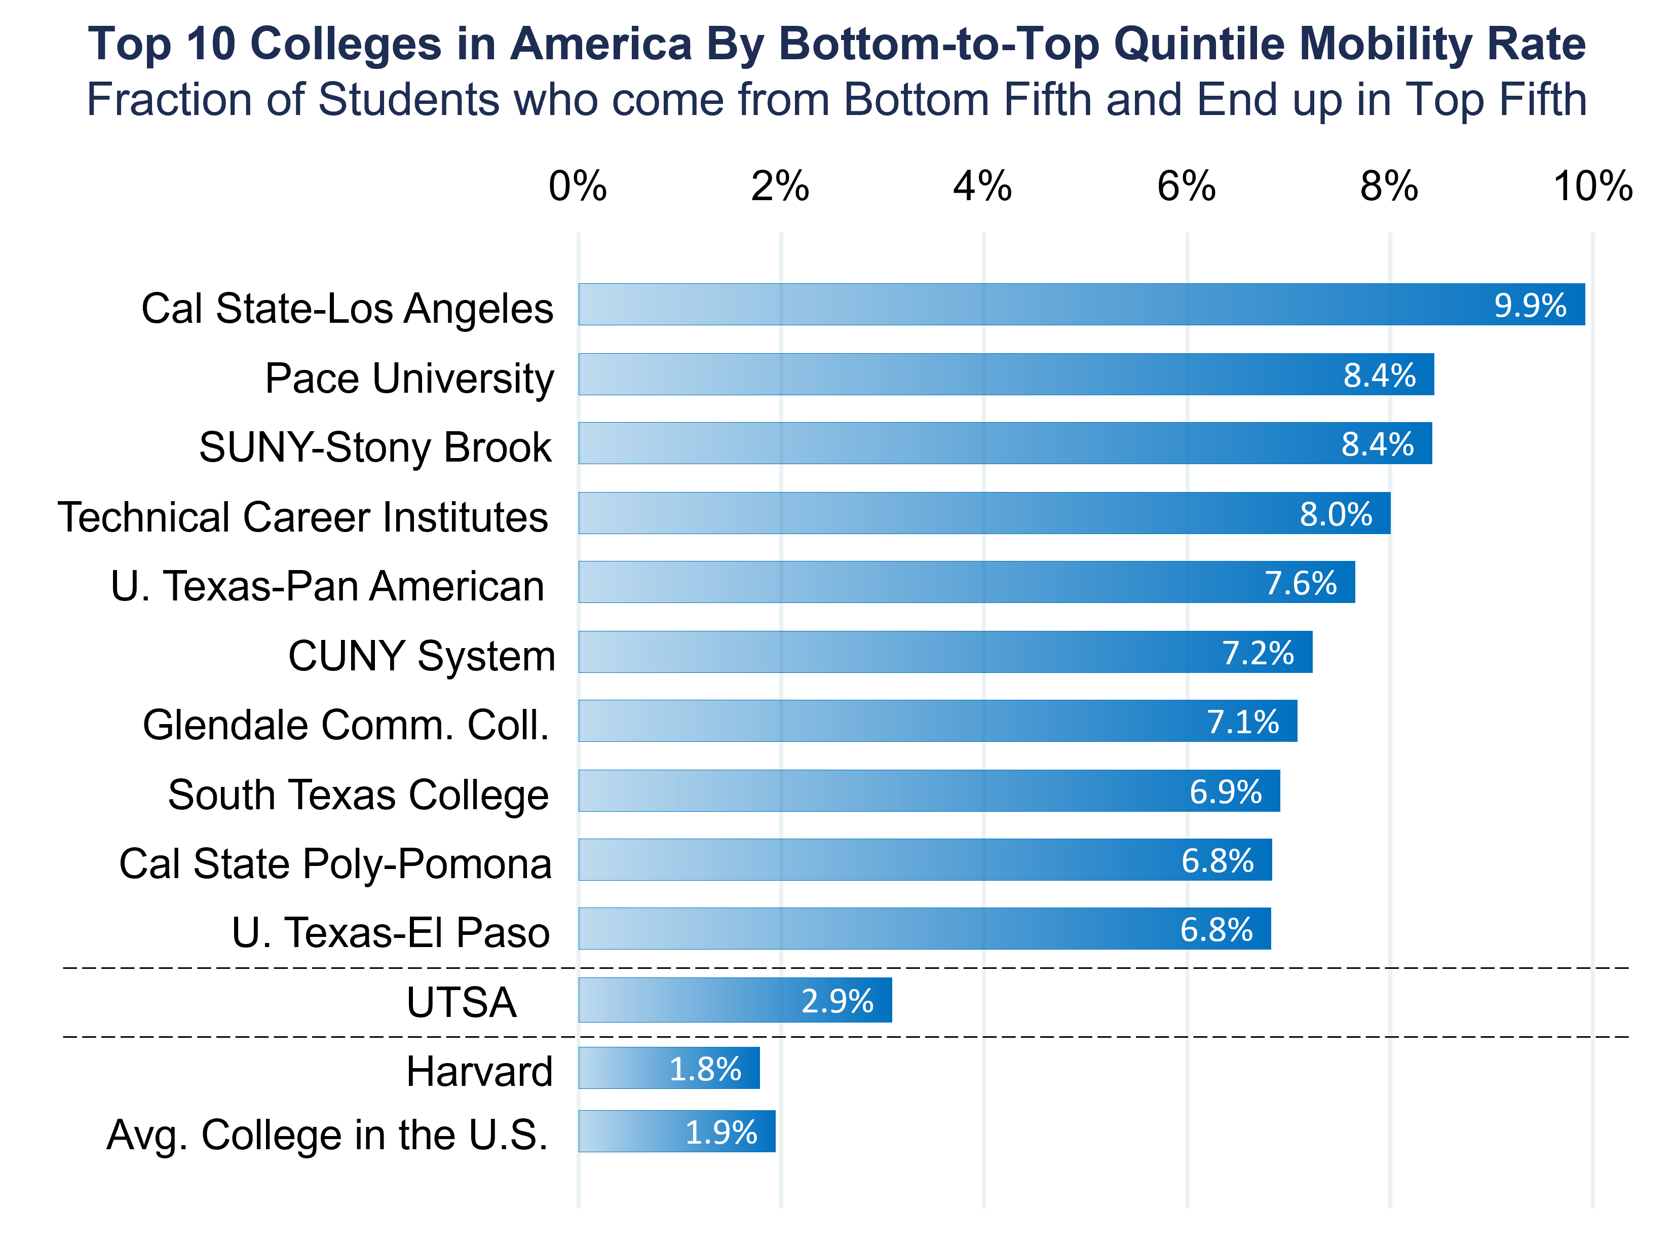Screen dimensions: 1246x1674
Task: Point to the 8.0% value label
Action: (1336, 514)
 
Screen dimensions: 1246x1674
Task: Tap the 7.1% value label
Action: (1243, 722)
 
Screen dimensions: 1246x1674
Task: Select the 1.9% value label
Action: (721, 1132)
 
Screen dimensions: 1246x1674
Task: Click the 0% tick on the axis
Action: (578, 186)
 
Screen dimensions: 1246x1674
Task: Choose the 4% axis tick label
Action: (982, 186)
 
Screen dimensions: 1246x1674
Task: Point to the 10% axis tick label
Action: (1592, 186)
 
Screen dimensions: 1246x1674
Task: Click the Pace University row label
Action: (409, 378)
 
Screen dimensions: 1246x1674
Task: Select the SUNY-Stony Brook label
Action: (375, 447)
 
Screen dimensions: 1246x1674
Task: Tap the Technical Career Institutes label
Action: (303, 517)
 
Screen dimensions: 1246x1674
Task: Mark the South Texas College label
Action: (358, 795)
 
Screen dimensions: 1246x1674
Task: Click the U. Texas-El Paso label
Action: (391, 933)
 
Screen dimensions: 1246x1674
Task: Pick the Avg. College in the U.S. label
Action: (327, 1135)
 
